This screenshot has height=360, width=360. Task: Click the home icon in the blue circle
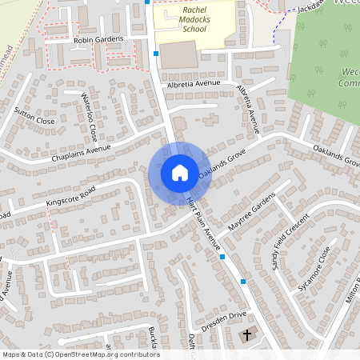tap(179, 172)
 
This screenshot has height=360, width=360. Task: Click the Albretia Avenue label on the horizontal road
tap(193, 82)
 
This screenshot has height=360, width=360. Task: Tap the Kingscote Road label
tap(70, 198)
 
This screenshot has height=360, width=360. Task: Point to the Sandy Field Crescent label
tap(288, 243)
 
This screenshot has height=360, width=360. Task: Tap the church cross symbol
tap(247, 334)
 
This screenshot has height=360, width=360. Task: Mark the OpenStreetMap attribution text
tap(81, 354)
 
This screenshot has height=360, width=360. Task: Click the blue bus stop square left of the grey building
tap(155, 54)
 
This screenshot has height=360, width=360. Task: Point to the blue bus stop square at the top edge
tap(146, 2)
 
